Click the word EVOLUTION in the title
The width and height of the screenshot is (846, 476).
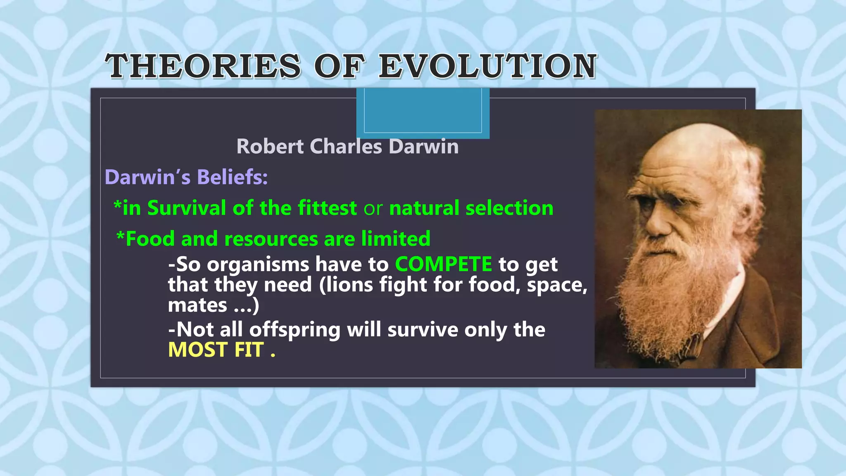pyautogui.click(x=487, y=67)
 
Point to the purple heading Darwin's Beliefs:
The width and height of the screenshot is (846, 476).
pyautogui.click(x=186, y=177)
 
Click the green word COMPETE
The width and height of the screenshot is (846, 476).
pyautogui.click(x=443, y=264)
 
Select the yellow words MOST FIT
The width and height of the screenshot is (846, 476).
pyautogui.click(x=216, y=350)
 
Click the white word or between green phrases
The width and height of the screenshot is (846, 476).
pyautogui.click(x=373, y=209)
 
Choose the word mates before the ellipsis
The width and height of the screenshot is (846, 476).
pyautogui.click(x=197, y=306)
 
